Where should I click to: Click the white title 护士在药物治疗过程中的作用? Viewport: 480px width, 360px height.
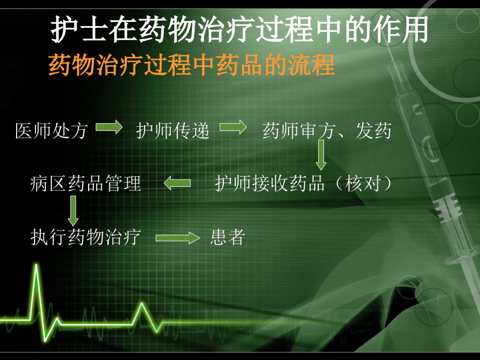239,29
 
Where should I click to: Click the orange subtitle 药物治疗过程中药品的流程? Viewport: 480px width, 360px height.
191,66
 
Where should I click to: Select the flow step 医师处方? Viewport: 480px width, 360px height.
51,131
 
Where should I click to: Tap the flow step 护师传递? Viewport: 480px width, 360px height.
173,131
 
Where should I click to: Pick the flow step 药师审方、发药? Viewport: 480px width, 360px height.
327,131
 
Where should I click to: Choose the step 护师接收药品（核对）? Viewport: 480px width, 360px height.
304,184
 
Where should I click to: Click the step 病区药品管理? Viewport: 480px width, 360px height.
86,184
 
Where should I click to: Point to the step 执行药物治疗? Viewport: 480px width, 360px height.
86,237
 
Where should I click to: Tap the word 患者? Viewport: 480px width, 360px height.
228,238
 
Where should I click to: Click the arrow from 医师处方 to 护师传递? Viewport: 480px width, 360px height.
109,128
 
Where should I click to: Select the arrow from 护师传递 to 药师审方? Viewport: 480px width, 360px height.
233,128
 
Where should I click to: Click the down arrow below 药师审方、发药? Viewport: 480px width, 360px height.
321,157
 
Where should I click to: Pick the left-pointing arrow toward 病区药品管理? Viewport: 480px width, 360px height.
178,183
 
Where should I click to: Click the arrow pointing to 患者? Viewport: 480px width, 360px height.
177,238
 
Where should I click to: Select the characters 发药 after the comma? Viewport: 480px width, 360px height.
374,131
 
